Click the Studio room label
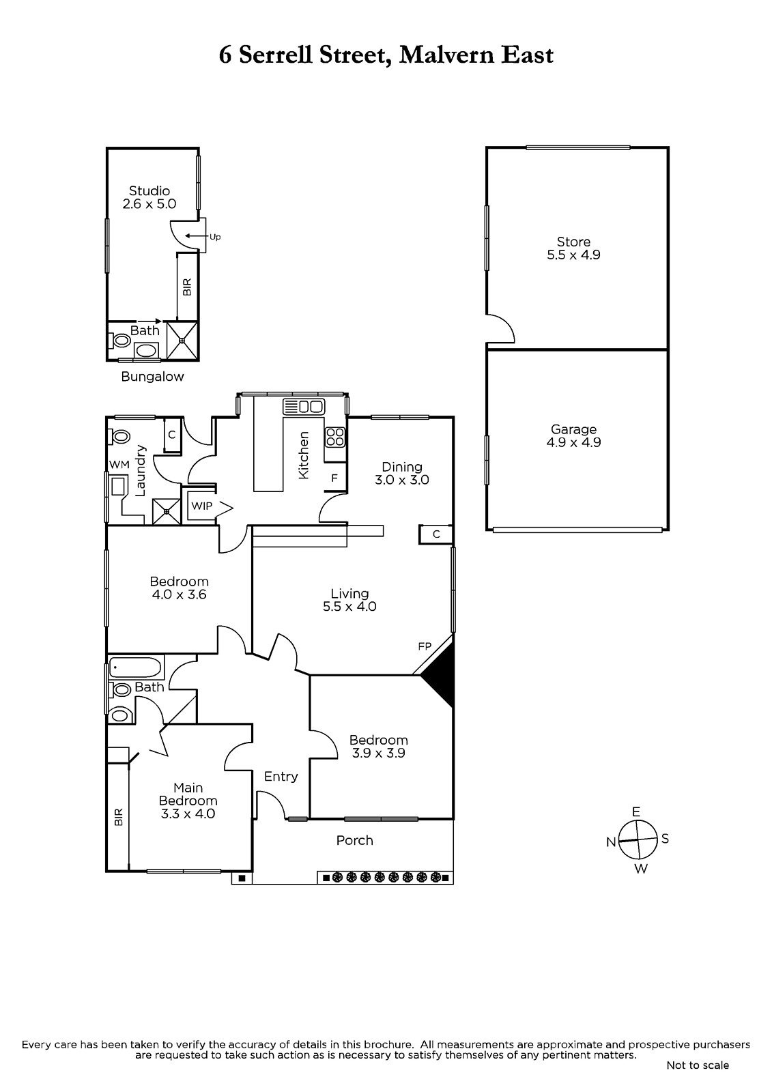[x=149, y=190]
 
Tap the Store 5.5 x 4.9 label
[x=573, y=248]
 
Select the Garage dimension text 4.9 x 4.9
[x=573, y=443]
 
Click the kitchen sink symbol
[x=303, y=406]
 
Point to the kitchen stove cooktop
[x=335, y=436]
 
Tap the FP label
[x=425, y=646]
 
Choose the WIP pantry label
[x=201, y=506]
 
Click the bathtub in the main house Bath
[x=136, y=667]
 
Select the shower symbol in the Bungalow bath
[x=182, y=340]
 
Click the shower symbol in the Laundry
[x=167, y=511]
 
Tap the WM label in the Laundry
[x=119, y=465]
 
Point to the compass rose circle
[x=638, y=839]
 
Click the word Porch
[x=354, y=840]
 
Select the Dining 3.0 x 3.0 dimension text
[x=402, y=480]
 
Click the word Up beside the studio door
[x=215, y=238]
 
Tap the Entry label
[x=281, y=777]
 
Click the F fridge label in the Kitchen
[x=334, y=478]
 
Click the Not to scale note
[x=698, y=1065]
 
